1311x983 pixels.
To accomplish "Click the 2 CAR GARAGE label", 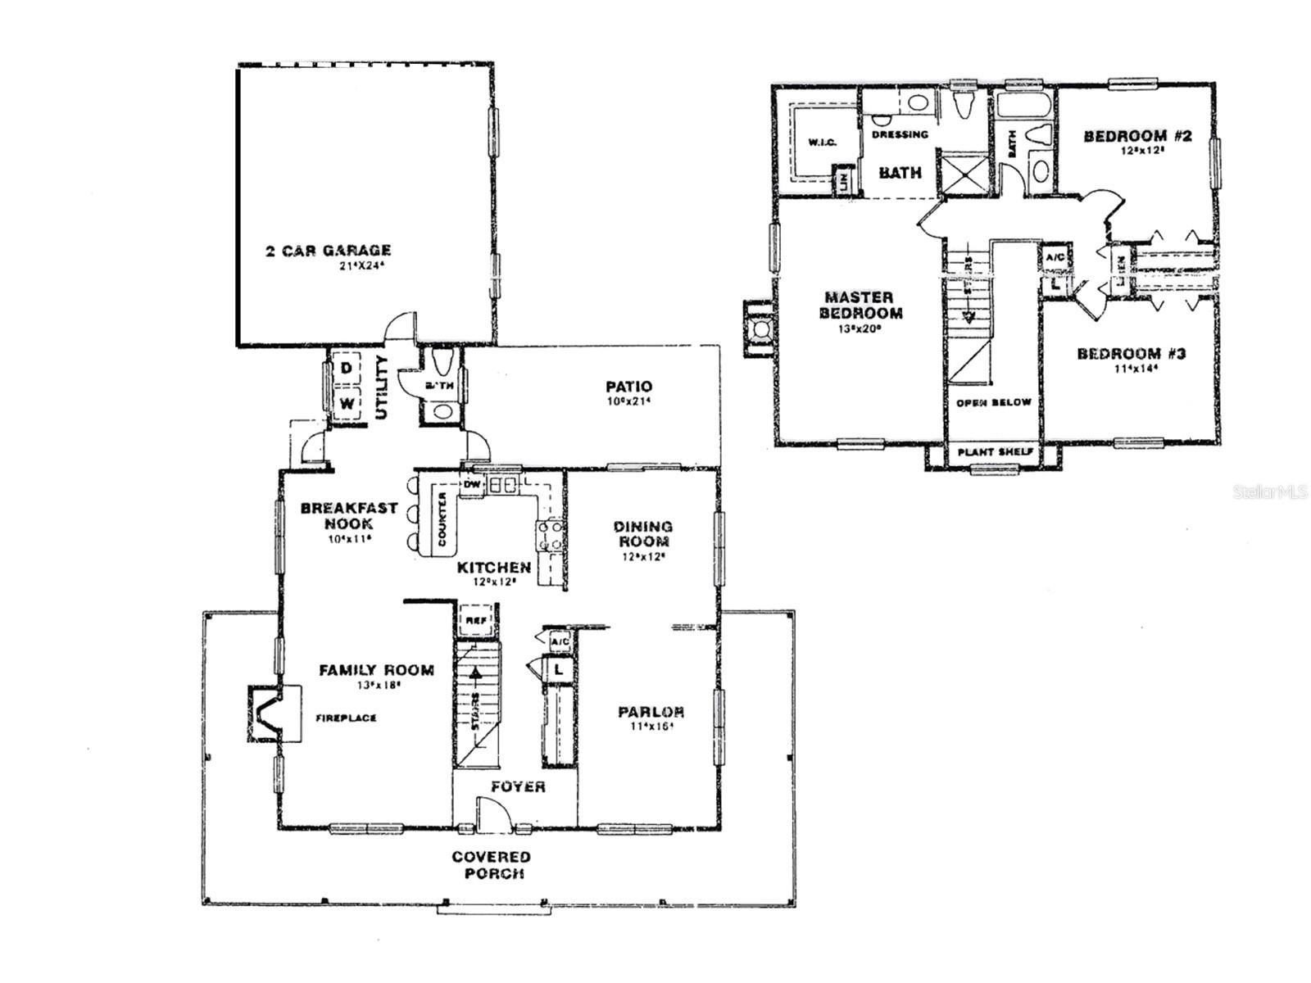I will [328, 251].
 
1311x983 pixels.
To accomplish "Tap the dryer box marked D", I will [347, 369].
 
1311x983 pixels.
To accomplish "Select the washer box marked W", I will [347, 403].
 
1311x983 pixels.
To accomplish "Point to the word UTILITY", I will [381, 387].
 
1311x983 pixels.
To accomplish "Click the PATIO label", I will [628, 387].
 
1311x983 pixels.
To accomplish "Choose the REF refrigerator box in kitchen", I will [475, 620].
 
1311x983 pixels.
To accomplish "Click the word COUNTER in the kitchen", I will [442, 519].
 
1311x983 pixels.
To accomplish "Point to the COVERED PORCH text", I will [491, 865].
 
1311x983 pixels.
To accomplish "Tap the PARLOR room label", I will [651, 712].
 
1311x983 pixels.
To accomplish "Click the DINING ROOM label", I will [644, 534].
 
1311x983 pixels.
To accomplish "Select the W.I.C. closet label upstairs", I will [821, 143].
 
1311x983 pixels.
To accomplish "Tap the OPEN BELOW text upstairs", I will [993, 403].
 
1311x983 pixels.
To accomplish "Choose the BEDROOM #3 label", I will [1131, 354].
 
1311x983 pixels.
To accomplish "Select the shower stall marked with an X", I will [964, 174].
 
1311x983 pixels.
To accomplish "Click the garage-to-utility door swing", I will [401, 326].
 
